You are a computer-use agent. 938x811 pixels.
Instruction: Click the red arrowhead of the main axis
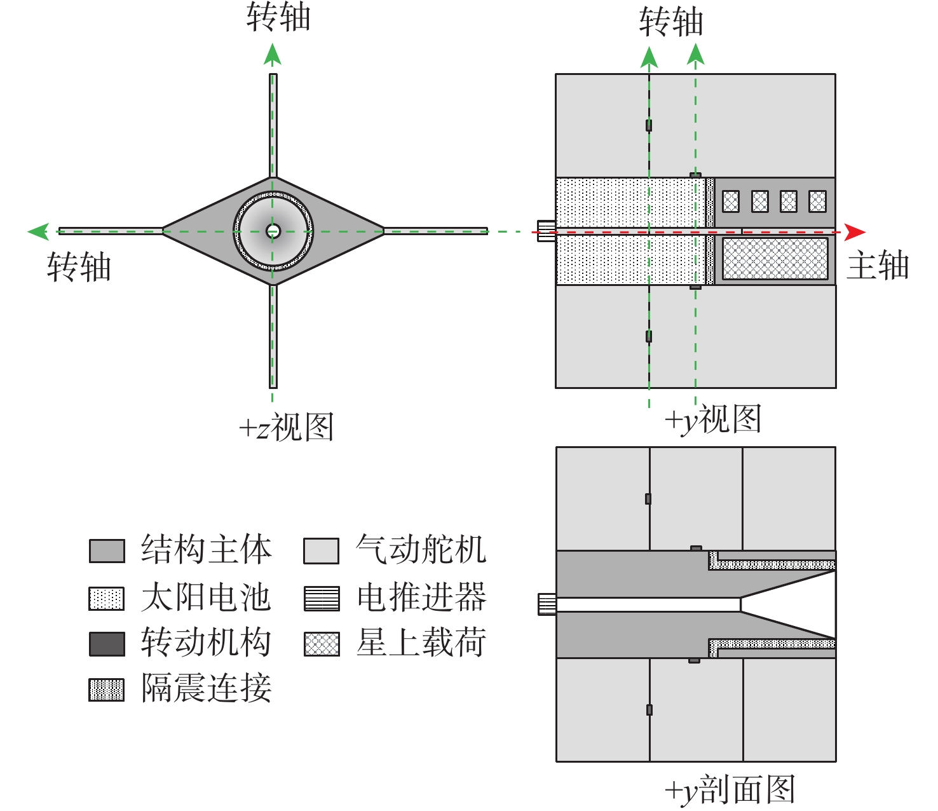point(855,232)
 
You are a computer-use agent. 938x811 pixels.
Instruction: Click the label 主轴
point(878,266)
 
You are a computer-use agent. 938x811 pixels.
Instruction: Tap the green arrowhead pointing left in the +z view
point(38,231)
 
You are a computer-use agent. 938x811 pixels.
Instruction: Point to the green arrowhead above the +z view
point(272,54)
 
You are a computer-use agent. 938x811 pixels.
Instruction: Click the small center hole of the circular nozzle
point(273,231)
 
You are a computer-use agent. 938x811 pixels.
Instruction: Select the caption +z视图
point(287,426)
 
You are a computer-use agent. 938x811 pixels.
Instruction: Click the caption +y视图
point(713,419)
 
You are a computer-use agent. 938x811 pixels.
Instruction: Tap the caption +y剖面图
point(730,789)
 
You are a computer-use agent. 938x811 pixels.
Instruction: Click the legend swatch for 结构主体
point(107,551)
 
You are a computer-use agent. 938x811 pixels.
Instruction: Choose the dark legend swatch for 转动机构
point(107,644)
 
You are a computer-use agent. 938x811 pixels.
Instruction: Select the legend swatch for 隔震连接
point(107,690)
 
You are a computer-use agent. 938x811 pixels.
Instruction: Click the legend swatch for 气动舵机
point(322,551)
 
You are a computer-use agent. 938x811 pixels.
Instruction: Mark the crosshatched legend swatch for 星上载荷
point(322,644)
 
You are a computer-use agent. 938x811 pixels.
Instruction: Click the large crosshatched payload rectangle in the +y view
point(775,259)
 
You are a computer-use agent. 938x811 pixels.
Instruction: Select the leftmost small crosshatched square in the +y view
point(731,201)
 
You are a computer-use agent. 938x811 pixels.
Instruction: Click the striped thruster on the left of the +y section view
point(547,604)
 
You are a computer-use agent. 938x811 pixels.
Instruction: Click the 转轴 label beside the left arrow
point(79,267)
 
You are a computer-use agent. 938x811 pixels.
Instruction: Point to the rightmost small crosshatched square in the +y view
point(817,201)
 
